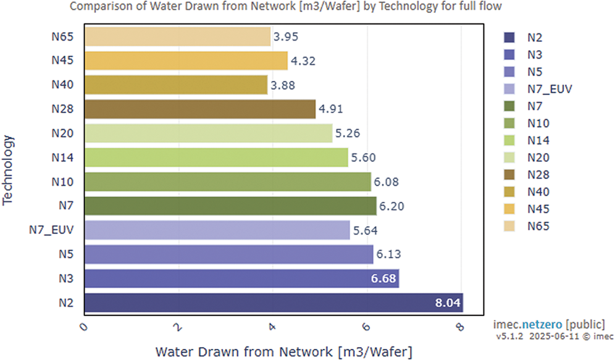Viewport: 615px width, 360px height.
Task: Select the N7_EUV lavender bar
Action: tap(217, 230)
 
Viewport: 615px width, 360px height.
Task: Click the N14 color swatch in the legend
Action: tap(509, 140)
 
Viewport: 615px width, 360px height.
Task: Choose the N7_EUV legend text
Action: tap(550, 89)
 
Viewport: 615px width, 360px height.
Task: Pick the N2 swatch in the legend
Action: tap(509, 38)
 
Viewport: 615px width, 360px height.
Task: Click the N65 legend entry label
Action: tap(538, 226)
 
